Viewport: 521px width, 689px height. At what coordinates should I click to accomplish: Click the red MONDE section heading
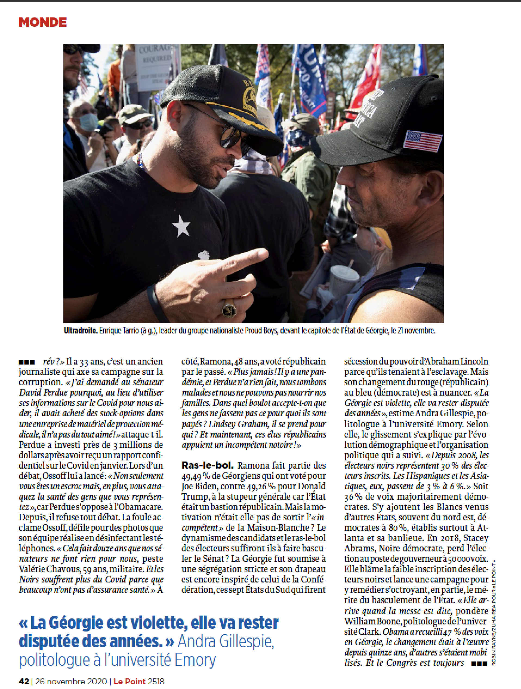click(43, 22)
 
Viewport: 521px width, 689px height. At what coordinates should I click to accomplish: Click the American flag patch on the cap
click(423, 141)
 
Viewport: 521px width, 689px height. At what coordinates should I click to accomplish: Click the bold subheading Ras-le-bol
click(208, 465)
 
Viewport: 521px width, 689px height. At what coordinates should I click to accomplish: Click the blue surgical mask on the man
click(88, 122)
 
